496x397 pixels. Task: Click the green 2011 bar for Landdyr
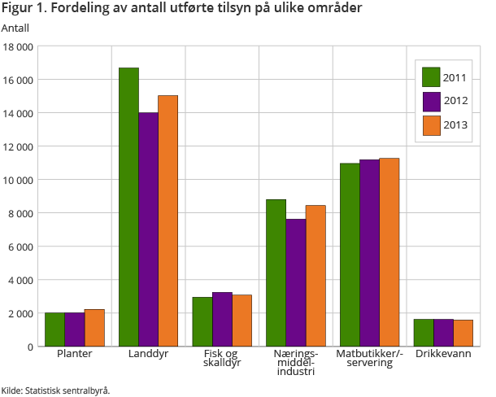128,207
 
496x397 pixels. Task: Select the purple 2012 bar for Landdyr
148,229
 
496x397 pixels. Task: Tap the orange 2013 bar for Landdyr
168,220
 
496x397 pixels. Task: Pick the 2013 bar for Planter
94,328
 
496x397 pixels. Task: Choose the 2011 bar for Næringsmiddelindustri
276,273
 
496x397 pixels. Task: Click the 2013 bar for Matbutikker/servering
389,252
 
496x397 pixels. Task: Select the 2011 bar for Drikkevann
424,333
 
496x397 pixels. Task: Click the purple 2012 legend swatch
431,101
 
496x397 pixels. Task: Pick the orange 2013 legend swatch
431,125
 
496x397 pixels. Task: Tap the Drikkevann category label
443,355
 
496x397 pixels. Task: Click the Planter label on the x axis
75,355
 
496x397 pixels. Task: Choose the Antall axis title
15,28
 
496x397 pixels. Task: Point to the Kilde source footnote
55,390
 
